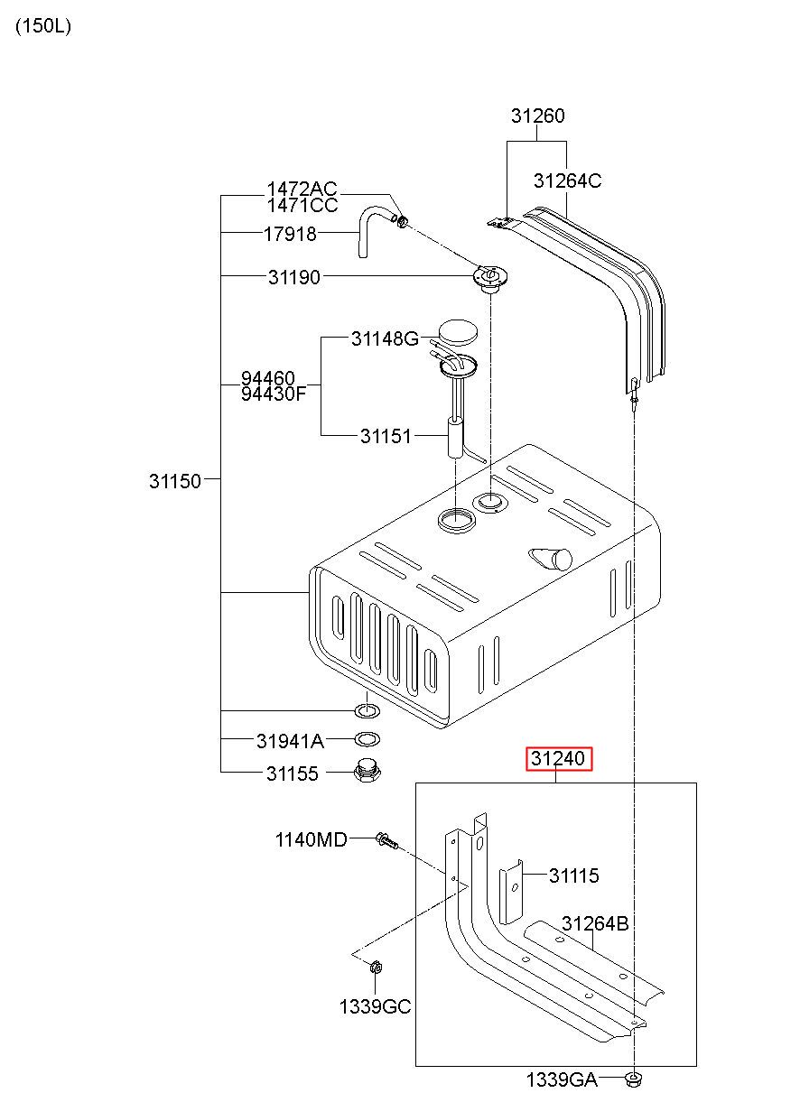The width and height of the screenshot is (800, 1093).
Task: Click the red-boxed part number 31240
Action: (x=558, y=758)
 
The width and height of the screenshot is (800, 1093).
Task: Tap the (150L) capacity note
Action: (x=43, y=26)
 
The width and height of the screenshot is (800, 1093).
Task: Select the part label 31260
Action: (x=537, y=116)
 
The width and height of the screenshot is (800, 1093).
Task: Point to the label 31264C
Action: (x=567, y=181)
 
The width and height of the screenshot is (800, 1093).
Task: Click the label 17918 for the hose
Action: (x=290, y=235)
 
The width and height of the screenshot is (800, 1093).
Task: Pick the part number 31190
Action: (x=294, y=277)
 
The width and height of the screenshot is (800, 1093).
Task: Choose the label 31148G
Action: (x=386, y=338)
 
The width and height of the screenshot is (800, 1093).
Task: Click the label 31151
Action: (x=386, y=436)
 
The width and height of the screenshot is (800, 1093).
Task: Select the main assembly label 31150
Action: (x=175, y=481)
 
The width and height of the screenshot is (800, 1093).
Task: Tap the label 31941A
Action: (x=290, y=741)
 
